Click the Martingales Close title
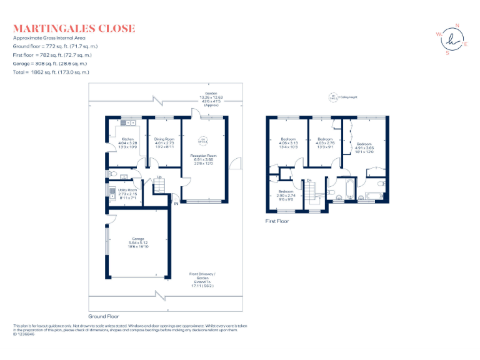pos(74,28)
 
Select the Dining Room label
pos(164,143)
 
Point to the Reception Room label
pos(203,159)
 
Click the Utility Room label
pos(127,194)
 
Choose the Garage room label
pos(137,242)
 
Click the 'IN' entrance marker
pos(176,204)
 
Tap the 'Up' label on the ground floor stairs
pos(159,177)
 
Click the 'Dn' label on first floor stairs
pos(309,181)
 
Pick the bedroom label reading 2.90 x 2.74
pos(286,196)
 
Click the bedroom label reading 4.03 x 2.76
pos(325,143)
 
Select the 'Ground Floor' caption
pos(103,317)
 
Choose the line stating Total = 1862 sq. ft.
pos(50,72)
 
